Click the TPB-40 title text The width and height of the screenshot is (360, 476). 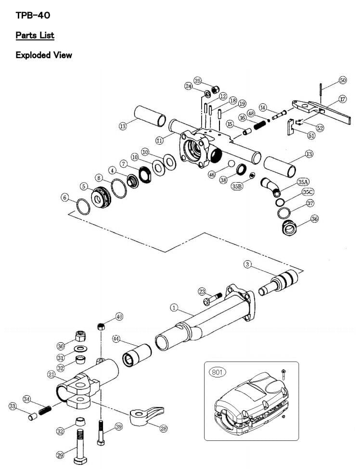(x=33, y=15)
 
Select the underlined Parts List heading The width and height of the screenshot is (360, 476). (x=35, y=35)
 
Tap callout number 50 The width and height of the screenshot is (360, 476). (x=343, y=80)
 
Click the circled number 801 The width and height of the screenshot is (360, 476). (x=217, y=372)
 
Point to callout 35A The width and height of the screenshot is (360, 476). (x=303, y=182)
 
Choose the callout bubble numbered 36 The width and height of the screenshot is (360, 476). (x=315, y=219)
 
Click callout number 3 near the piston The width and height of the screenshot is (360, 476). (x=247, y=264)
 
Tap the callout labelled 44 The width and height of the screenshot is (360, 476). (x=116, y=339)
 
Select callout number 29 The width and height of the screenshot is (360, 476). (x=60, y=455)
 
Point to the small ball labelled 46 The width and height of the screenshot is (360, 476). (x=231, y=163)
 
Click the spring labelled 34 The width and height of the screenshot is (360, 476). (x=45, y=411)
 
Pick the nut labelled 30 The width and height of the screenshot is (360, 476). (x=80, y=336)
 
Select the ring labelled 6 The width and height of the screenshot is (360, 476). (x=83, y=206)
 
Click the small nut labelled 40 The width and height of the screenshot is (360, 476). (x=101, y=326)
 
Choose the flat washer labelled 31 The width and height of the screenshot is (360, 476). (x=80, y=348)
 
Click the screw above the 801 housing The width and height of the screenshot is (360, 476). (x=283, y=374)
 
